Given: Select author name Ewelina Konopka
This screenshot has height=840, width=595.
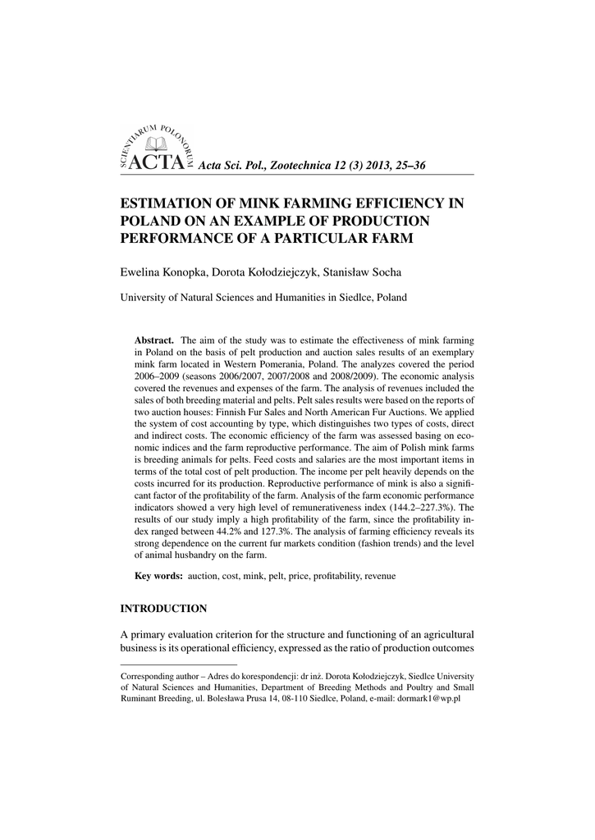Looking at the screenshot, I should pos(163,272).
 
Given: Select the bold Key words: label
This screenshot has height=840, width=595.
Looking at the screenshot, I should pos(158,577).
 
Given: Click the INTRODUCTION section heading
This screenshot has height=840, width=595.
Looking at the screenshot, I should pos(163,609).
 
